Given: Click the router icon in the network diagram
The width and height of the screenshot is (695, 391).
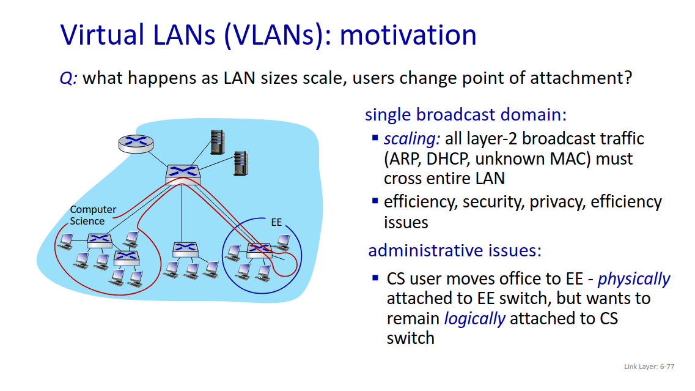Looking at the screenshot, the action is point(136,143).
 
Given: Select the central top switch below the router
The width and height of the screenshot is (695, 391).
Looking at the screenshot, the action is point(183,174).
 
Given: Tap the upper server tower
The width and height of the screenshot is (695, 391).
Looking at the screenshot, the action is point(217,142).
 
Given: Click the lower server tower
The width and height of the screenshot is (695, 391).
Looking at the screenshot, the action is point(241,163).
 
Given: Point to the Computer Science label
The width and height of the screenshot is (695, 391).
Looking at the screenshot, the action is point(93,215).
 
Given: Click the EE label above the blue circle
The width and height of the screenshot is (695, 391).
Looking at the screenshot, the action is point(276,222).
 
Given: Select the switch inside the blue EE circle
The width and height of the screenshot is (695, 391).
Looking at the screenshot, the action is point(259,251).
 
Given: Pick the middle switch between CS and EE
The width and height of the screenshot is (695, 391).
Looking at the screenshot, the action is point(185,250).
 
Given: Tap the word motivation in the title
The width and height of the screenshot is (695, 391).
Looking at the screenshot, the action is point(408,35).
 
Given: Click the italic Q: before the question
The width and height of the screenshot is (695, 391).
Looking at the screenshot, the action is point(68,78).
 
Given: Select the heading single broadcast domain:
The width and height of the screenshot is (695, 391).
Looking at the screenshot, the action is point(466,114).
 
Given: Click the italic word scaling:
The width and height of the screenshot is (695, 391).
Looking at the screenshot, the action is point(412,139).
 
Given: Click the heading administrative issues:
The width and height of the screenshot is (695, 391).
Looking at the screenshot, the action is point(455,250).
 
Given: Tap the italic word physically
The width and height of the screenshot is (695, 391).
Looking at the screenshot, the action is point(634,279).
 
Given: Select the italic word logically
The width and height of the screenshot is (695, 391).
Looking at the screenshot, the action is point(475,319).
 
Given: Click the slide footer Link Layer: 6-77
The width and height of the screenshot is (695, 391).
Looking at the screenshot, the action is point(649,367).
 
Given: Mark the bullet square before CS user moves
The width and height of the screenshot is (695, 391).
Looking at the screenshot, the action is point(375,278).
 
